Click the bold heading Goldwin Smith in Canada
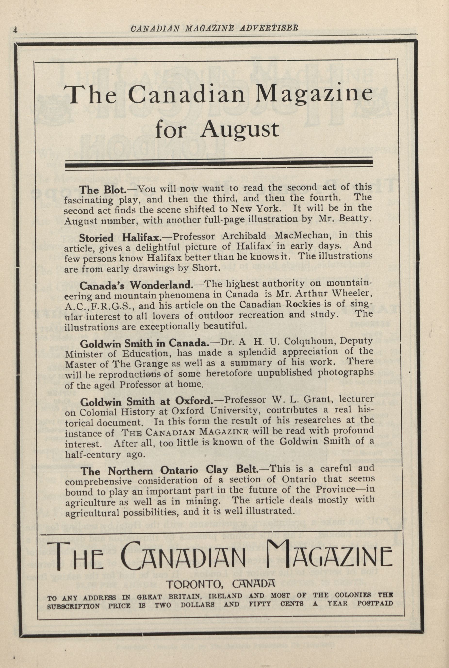[145, 343]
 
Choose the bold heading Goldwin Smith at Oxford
[146, 402]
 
